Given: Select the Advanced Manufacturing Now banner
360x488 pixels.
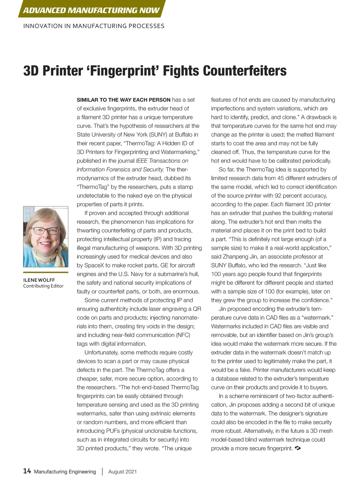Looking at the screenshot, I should click(x=91, y=10).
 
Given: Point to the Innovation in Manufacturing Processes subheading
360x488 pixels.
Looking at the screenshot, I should click(x=94, y=26).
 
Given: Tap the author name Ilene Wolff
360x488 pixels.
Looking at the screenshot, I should click(x=39, y=280).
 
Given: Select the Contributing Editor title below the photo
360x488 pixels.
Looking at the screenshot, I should click(x=43, y=286).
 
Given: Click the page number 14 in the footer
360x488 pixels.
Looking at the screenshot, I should click(x=27, y=471).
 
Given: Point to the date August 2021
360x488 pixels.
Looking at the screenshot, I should click(x=122, y=472).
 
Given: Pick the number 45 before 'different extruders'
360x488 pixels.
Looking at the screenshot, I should click(x=280, y=178).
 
